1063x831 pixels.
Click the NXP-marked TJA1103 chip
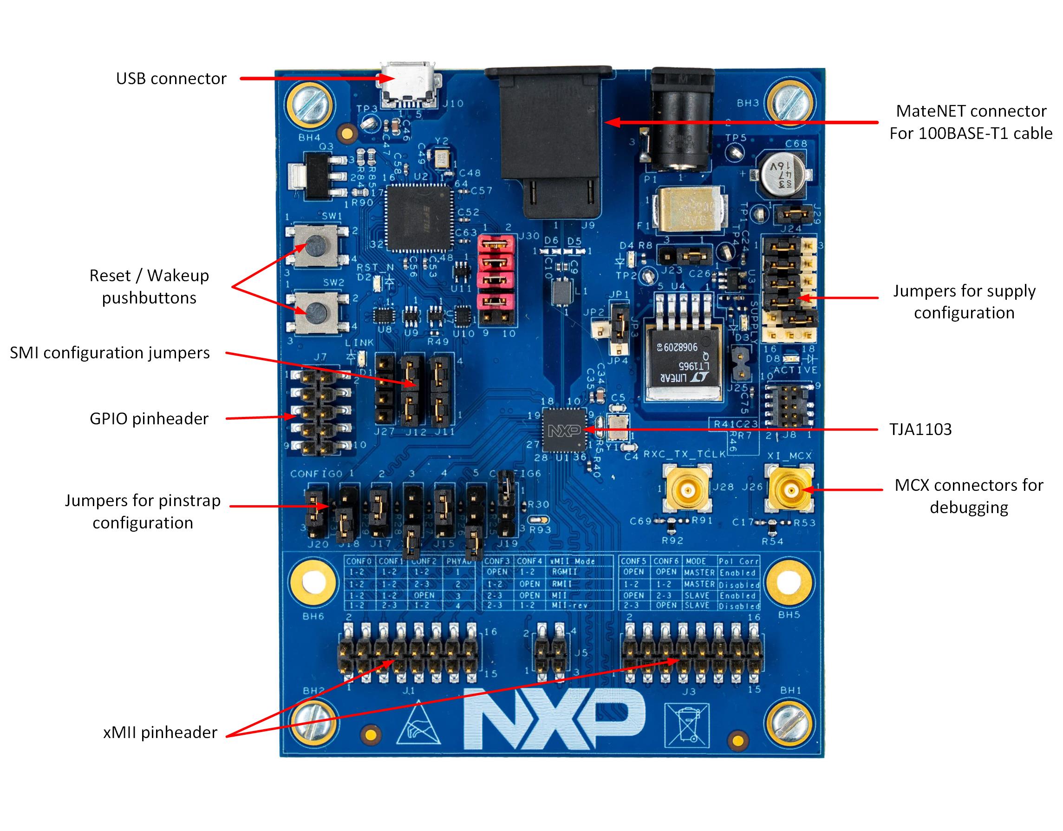(x=565, y=430)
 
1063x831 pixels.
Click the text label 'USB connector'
(x=171, y=79)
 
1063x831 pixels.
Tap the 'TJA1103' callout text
(x=920, y=429)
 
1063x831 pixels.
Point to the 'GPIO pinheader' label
(x=149, y=418)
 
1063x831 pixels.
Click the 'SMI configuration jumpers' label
(x=110, y=352)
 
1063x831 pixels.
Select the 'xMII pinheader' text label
(x=160, y=732)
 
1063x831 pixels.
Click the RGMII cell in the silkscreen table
(x=564, y=572)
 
